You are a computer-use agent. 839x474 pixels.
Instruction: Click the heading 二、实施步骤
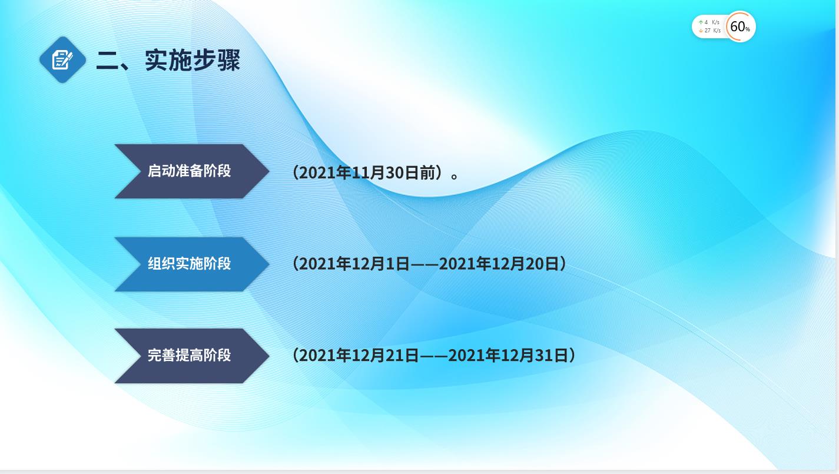pos(168,60)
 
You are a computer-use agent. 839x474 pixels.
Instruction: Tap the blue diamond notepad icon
pos(62,59)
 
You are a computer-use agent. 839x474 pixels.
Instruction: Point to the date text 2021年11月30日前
pos(367,173)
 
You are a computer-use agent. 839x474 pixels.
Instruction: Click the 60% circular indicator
pos(739,26)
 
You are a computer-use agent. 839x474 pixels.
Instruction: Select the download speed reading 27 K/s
pos(712,31)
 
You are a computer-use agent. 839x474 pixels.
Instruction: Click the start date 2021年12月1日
pos(354,264)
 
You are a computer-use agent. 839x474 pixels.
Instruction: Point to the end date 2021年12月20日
pos(499,264)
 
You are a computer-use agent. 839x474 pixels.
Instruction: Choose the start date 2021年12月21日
pos(359,355)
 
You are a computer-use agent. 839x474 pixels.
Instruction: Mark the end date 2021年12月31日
pos(508,355)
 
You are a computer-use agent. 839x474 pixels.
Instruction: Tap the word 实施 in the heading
pos(168,60)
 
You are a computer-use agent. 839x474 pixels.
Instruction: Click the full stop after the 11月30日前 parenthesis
pos(455,175)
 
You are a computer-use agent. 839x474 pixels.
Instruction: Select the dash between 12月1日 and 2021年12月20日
pos(425,264)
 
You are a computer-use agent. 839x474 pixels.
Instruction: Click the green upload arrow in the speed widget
pos(701,22)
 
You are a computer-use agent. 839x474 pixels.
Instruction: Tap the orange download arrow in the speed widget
pos(701,31)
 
